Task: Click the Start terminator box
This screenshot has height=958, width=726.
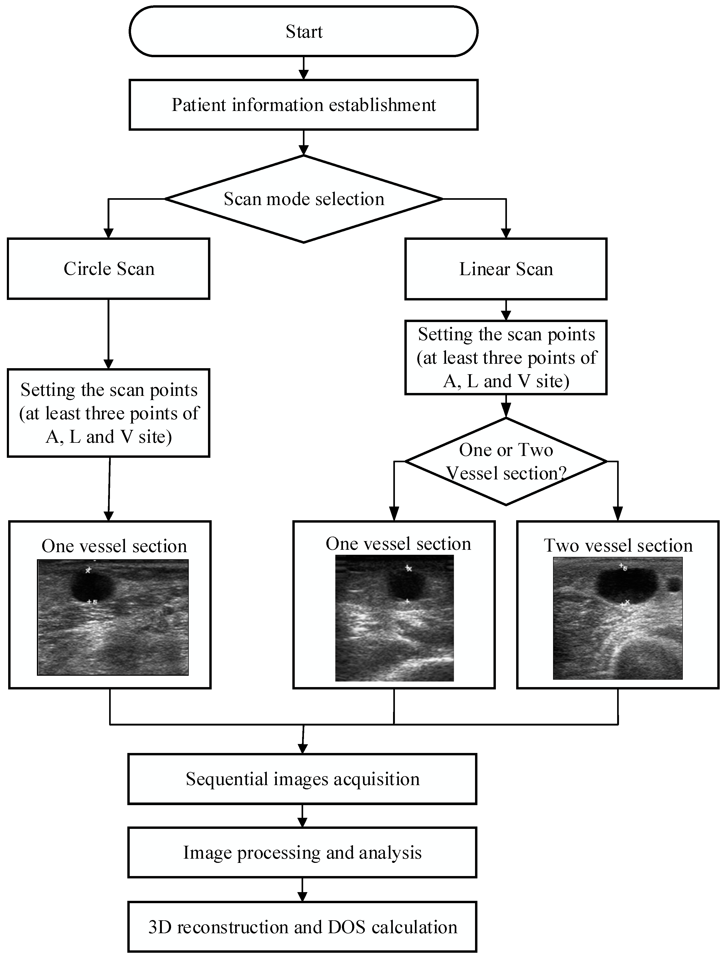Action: pyautogui.click(x=303, y=31)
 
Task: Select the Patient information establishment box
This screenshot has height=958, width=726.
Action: pyautogui.click(x=303, y=105)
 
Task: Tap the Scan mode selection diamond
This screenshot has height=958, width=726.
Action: pyautogui.click(x=303, y=199)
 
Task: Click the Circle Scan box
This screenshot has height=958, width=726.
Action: pyautogui.click(x=108, y=269)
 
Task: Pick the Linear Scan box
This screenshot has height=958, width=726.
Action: pyautogui.click(x=506, y=269)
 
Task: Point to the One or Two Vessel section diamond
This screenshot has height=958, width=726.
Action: pyautogui.click(x=506, y=461)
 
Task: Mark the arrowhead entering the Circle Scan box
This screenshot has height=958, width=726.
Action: pyautogui.click(x=108, y=233)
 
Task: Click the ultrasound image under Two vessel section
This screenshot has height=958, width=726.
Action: pyautogui.click(x=618, y=618)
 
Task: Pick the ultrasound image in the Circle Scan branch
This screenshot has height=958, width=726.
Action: pyautogui.click(x=113, y=617)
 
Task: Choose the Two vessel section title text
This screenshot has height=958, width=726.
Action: pyautogui.click(x=618, y=545)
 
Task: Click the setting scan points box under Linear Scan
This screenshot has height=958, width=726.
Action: pyautogui.click(x=506, y=357)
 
